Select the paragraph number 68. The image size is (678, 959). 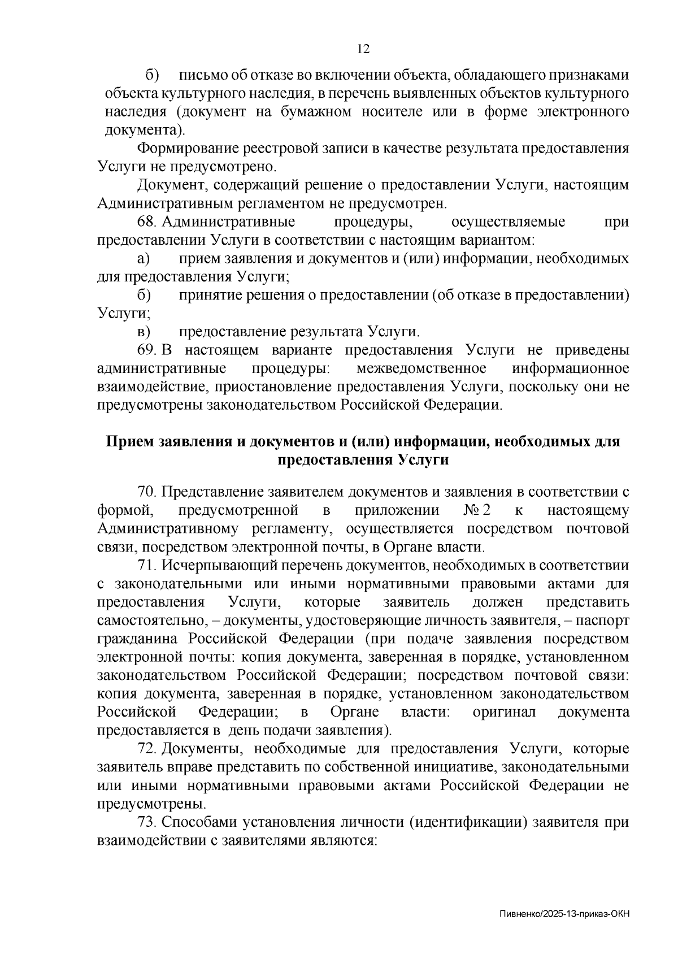pos(146,222)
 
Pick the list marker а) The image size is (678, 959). pos(143,259)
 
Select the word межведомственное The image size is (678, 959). pos(422,368)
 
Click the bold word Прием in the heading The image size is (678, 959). pos(129,441)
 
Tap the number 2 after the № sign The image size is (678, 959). pos(486,510)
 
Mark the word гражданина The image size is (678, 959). pos(138,639)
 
